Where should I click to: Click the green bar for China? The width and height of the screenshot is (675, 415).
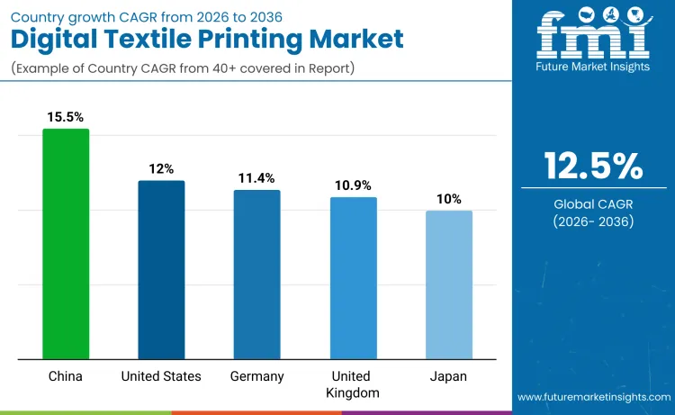(66, 243)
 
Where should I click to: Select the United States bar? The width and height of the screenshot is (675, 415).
(161, 269)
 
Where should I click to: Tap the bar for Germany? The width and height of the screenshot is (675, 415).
(256, 274)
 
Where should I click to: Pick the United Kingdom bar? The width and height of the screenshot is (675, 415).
(353, 277)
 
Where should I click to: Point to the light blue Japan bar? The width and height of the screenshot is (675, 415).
(448, 284)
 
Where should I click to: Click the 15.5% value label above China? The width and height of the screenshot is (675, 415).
(66, 117)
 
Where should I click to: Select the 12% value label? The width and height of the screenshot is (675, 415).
(162, 168)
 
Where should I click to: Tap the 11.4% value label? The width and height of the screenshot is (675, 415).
(257, 177)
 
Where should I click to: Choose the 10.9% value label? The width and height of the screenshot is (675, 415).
(353, 185)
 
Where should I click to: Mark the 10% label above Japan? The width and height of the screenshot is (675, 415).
(449, 198)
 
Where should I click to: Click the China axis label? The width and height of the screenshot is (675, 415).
(66, 376)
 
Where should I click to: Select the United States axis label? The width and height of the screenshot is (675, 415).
(161, 376)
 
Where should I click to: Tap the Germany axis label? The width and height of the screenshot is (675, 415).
(256, 376)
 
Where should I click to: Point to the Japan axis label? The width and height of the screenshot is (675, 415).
(448, 376)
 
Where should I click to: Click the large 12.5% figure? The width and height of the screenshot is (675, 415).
(593, 166)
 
